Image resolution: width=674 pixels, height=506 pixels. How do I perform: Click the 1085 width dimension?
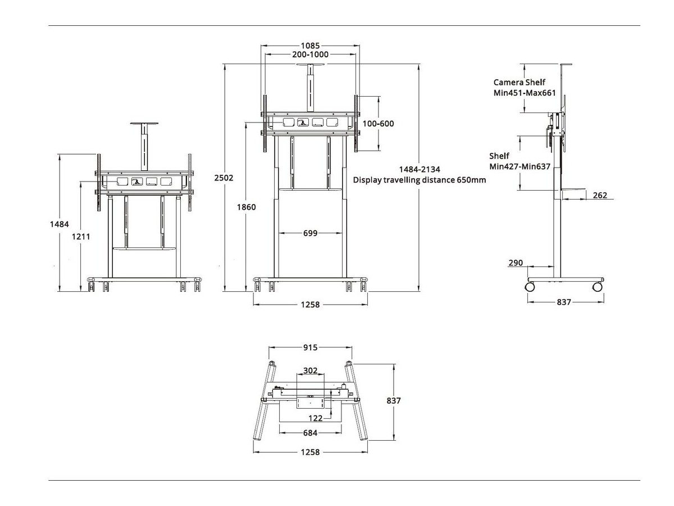coord(310,45)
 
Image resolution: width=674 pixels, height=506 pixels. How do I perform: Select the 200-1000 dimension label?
coord(310,55)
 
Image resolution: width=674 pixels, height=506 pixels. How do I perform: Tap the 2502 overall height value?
coord(224,178)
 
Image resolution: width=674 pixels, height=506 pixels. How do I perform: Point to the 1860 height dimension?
coord(246,207)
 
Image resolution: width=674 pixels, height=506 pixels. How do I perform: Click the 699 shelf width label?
coord(310,233)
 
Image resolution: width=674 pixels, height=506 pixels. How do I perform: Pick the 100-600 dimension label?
coord(379,124)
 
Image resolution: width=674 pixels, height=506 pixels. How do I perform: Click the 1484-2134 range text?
coord(420,169)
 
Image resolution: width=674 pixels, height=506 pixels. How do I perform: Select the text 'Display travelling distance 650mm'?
coord(419,180)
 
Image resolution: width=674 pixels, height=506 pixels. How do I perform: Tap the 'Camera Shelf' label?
coord(519,82)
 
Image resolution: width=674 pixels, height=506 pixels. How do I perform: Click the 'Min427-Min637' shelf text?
coord(520,166)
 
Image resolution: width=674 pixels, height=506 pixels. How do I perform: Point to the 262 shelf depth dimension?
coord(600,195)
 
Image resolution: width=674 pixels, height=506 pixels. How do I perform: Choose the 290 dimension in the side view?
coord(516,263)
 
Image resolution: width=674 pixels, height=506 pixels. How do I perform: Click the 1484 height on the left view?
coord(59,224)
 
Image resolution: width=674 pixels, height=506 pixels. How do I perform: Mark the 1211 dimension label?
coord(81,237)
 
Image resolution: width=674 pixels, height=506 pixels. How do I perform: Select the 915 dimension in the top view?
coord(310,347)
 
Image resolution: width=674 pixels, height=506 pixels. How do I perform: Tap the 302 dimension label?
coord(310,371)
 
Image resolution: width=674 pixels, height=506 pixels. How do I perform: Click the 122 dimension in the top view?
coord(315,418)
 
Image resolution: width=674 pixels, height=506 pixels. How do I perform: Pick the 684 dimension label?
coord(310,432)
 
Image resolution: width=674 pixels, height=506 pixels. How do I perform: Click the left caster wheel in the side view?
coord(530,287)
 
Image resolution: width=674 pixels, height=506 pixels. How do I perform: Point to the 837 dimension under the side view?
coord(564,302)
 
